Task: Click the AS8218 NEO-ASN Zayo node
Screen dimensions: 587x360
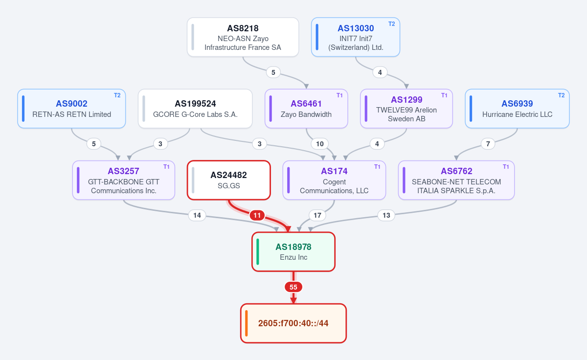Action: [243, 37]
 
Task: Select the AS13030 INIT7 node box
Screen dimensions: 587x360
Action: [356, 37]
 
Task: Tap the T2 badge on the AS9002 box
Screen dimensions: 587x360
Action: [117, 95]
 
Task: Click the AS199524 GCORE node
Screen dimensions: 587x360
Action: [195, 109]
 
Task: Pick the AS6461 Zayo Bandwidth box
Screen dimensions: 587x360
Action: [306, 109]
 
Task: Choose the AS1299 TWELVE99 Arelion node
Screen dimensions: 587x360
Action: [406, 109]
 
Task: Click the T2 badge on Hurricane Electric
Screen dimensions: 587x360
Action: [562, 95]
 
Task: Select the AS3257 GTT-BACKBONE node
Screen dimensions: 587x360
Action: [124, 180]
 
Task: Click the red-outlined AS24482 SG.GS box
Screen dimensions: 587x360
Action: [229, 180]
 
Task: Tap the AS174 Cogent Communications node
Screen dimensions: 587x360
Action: [334, 180]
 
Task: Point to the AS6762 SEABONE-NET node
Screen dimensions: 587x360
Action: [456, 180]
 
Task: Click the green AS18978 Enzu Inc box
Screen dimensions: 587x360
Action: [293, 251]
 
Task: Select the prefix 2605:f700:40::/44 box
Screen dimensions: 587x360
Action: [293, 323]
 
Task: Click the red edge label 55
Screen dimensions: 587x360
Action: [293, 287]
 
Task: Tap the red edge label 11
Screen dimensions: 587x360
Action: [257, 215]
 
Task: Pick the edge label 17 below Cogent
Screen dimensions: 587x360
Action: [317, 215]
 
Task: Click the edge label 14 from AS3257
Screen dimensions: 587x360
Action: [197, 215]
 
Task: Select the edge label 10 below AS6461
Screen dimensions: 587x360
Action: [320, 144]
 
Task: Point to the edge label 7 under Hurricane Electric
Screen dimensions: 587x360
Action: [488, 144]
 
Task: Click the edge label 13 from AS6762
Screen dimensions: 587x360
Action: [386, 215]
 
